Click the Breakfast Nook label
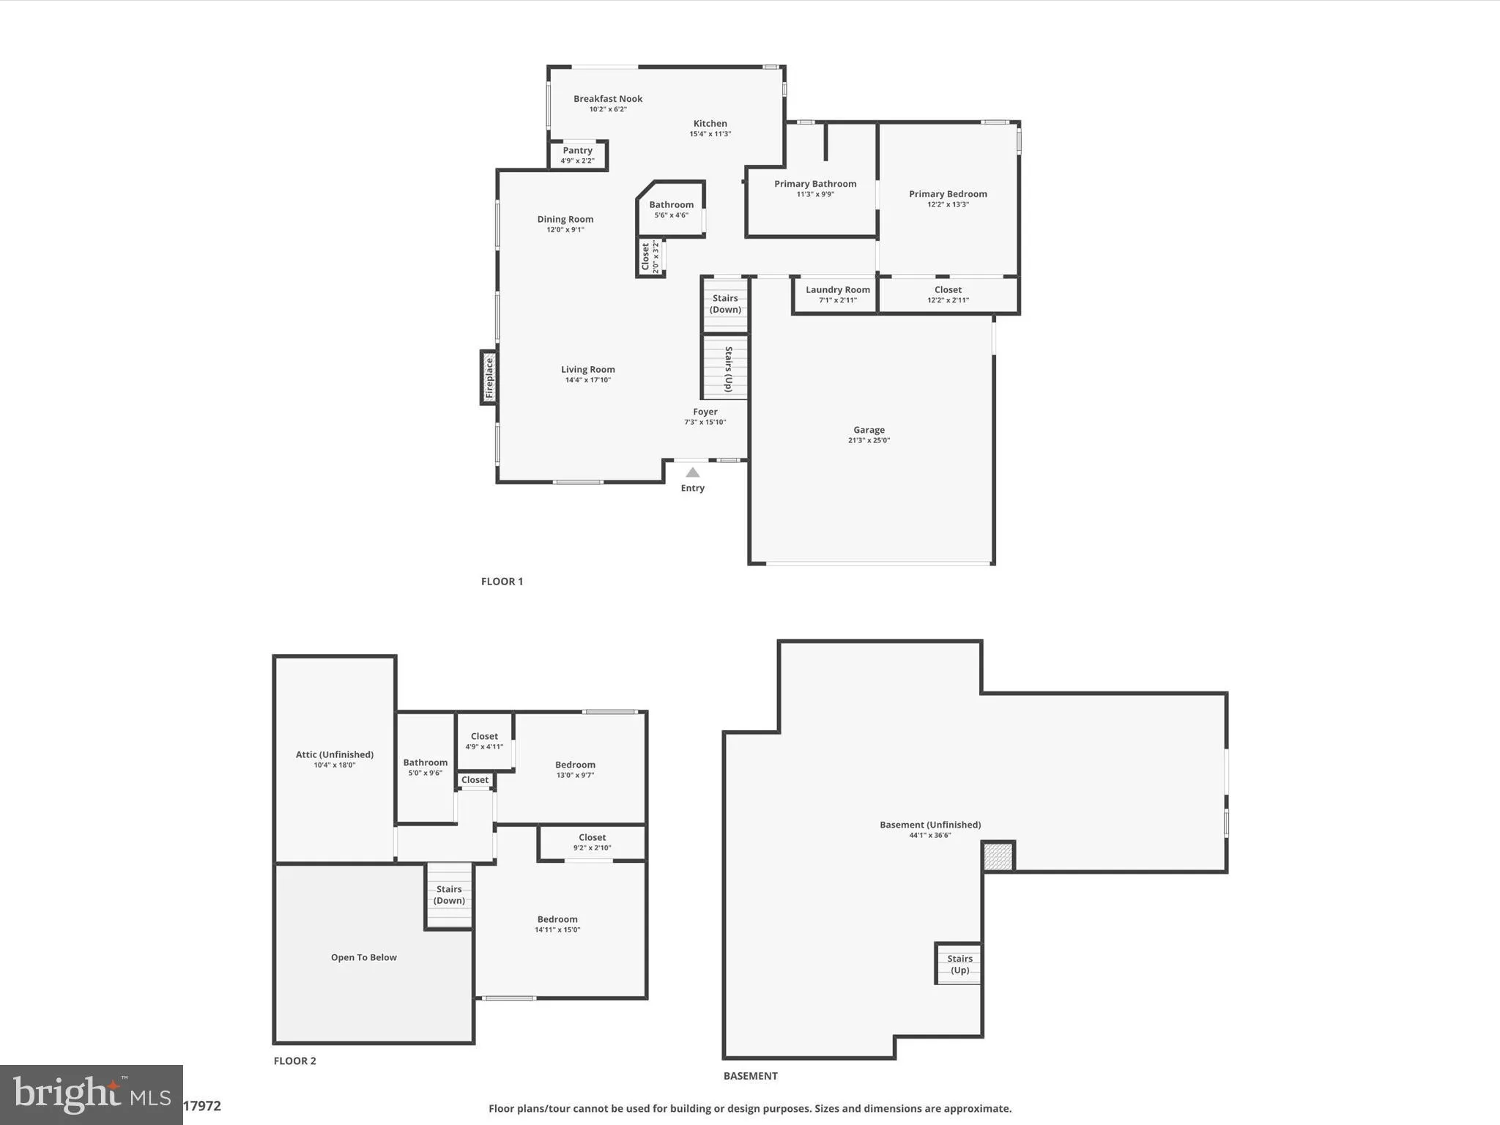pos(608,99)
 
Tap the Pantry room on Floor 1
pos(578,155)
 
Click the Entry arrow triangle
pos(692,473)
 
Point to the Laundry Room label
pos(838,290)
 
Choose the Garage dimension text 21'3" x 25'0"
pos(869,440)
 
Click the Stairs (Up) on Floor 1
pos(726,368)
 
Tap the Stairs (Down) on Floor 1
pos(725,304)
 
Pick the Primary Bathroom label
pos(815,184)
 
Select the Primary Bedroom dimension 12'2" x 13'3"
pos(948,204)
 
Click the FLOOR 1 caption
pos(502,582)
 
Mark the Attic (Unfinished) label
pos(335,754)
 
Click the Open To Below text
pos(364,957)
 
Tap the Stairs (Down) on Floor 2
pos(449,895)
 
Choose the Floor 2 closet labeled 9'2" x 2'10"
pos(592,842)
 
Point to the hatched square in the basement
pos(998,856)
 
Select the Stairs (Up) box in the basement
pos(959,964)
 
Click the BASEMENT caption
pos(750,1076)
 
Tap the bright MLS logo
pos(92,1094)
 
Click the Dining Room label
pos(565,219)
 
